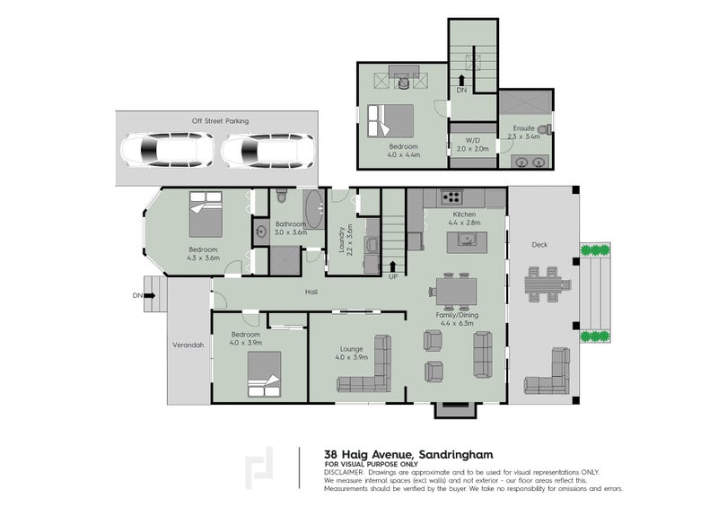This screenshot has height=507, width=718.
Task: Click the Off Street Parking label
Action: pyautogui.click(x=220, y=121)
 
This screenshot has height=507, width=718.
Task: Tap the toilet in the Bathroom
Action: pyautogui.click(x=282, y=197)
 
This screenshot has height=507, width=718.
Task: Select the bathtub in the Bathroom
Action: pyautogui.click(x=315, y=209)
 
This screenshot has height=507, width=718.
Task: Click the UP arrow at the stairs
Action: pyautogui.click(x=393, y=267)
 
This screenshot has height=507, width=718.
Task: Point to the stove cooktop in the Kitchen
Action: pyautogui.click(x=451, y=197)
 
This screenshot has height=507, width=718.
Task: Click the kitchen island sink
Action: pyautogui.click(x=467, y=240)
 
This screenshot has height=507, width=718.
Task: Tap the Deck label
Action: pyautogui.click(x=539, y=245)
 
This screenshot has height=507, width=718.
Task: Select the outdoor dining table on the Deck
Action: pyautogui.click(x=543, y=284)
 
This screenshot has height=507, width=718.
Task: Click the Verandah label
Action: pyautogui.click(x=188, y=345)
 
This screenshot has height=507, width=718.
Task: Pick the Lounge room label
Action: pyautogui.click(x=351, y=349)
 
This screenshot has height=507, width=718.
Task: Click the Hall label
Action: pyautogui.click(x=311, y=292)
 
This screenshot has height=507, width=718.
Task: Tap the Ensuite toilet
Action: pyautogui.click(x=545, y=129)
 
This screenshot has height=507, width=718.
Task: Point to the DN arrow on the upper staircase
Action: pyautogui.click(x=461, y=81)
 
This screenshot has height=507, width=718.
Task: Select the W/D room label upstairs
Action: pyautogui.click(x=473, y=141)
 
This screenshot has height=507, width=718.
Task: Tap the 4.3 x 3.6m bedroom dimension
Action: pyautogui.click(x=204, y=258)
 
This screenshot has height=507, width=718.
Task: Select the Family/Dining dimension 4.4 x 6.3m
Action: pyautogui.click(x=457, y=323)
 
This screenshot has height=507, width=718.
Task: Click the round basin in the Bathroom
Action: pyautogui.click(x=261, y=232)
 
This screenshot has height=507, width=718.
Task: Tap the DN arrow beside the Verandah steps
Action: pyautogui.click(x=150, y=295)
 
